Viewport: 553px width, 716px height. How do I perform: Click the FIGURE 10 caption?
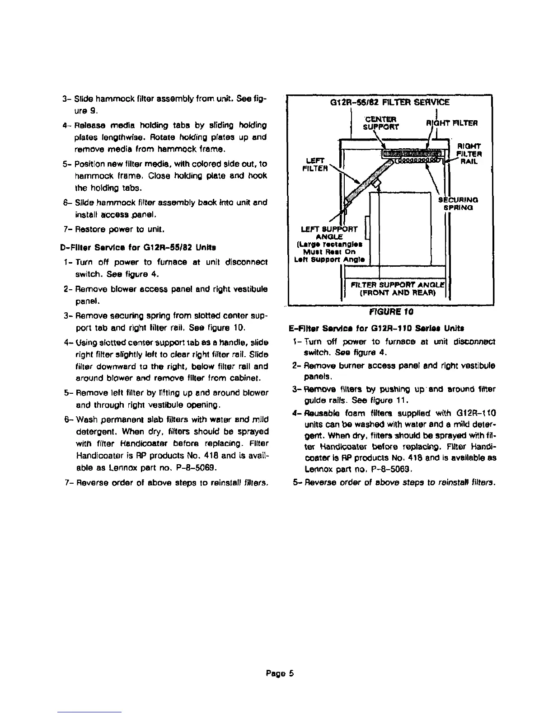392,311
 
